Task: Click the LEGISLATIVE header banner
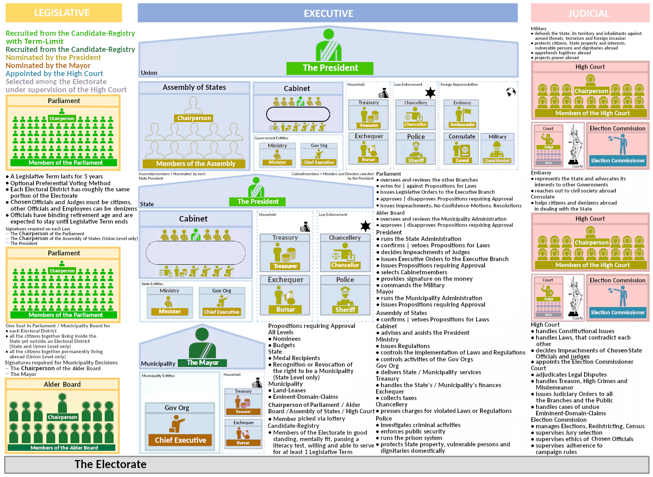point(63,13)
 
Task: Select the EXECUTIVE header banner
point(328,13)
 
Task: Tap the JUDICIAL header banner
point(589,13)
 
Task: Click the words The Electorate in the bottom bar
point(110,465)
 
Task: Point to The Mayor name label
point(202,363)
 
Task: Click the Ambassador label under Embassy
point(462,125)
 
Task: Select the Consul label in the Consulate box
point(462,160)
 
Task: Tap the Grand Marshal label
point(497,161)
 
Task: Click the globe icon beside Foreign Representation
point(511,92)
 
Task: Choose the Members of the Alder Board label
point(64,448)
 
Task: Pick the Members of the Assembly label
point(195,164)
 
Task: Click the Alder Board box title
point(62,384)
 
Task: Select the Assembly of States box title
point(194,87)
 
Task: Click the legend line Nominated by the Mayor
point(48,65)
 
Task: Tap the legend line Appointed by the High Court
point(54,73)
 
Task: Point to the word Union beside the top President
point(149,73)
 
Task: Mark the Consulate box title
point(462,137)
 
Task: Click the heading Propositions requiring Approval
point(311,326)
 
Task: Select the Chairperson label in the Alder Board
point(62,417)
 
